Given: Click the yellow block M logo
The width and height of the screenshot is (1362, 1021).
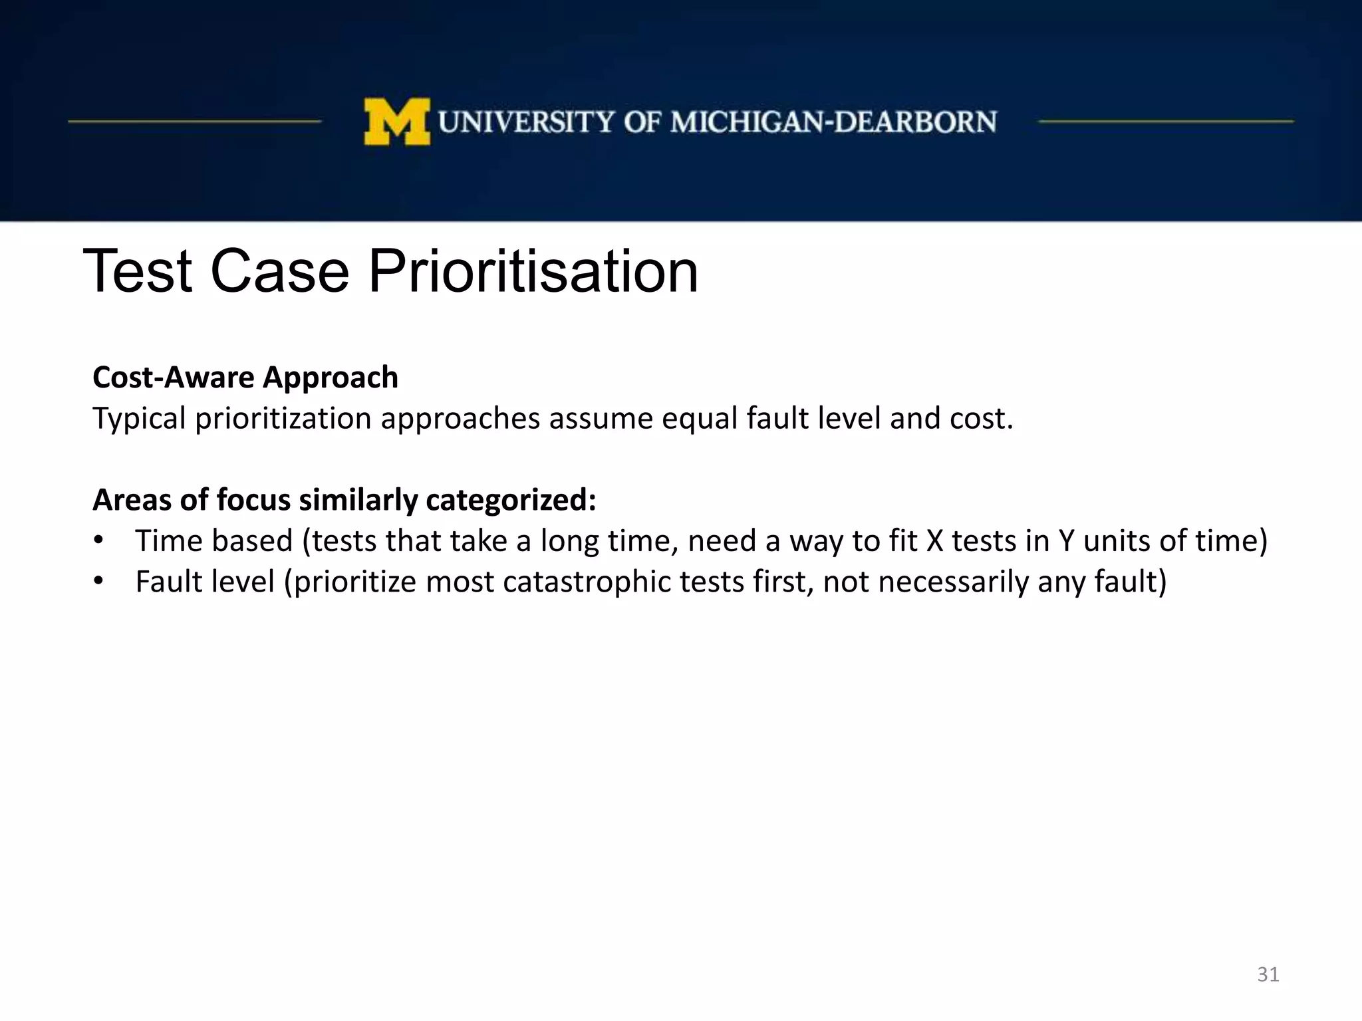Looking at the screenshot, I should (x=396, y=122).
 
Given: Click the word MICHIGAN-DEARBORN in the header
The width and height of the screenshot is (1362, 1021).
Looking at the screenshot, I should (x=833, y=122).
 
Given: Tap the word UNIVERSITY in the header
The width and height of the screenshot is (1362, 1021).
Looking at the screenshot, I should (x=526, y=122).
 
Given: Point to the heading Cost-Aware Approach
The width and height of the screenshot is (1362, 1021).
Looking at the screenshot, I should (x=245, y=378).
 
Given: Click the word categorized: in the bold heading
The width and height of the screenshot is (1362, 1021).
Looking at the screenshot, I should (x=511, y=500).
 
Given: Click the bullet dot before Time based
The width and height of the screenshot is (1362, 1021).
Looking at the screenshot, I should (x=98, y=540).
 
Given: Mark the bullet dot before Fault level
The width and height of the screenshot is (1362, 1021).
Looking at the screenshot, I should (x=98, y=581).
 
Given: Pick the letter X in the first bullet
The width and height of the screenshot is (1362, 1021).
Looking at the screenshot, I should (x=935, y=540).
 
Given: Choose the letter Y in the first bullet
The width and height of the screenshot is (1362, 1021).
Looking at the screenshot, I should (x=1066, y=540).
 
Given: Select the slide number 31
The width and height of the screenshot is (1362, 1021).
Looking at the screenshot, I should (x=1268, y=974).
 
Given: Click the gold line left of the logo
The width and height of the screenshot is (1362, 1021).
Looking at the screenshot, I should (x=194, y=122).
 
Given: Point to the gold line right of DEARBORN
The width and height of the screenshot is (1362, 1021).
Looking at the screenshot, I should (x=1165, y=122).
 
